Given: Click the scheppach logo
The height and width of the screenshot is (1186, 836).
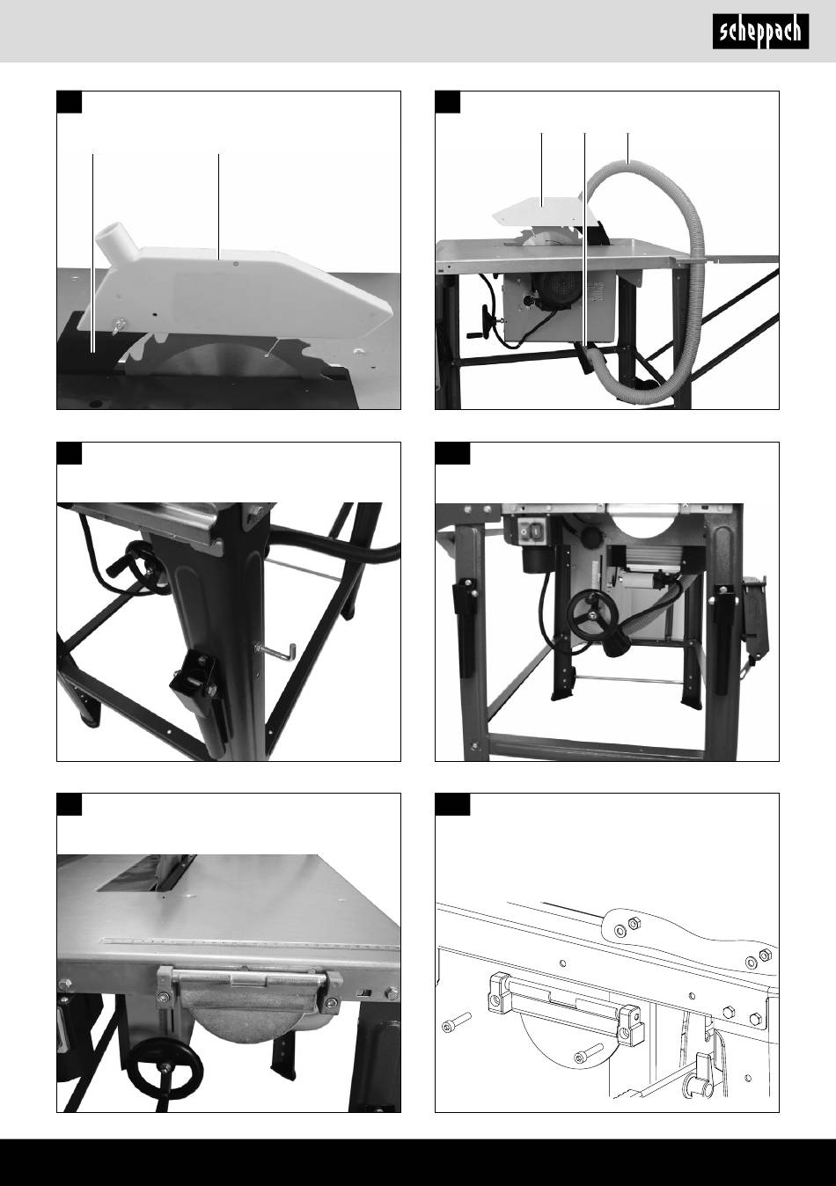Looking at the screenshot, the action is click(760, 32).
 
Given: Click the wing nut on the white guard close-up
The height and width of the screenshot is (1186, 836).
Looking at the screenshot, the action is click(121, 324).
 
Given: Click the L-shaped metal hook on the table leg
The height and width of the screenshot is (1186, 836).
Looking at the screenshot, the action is click(275, 651).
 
